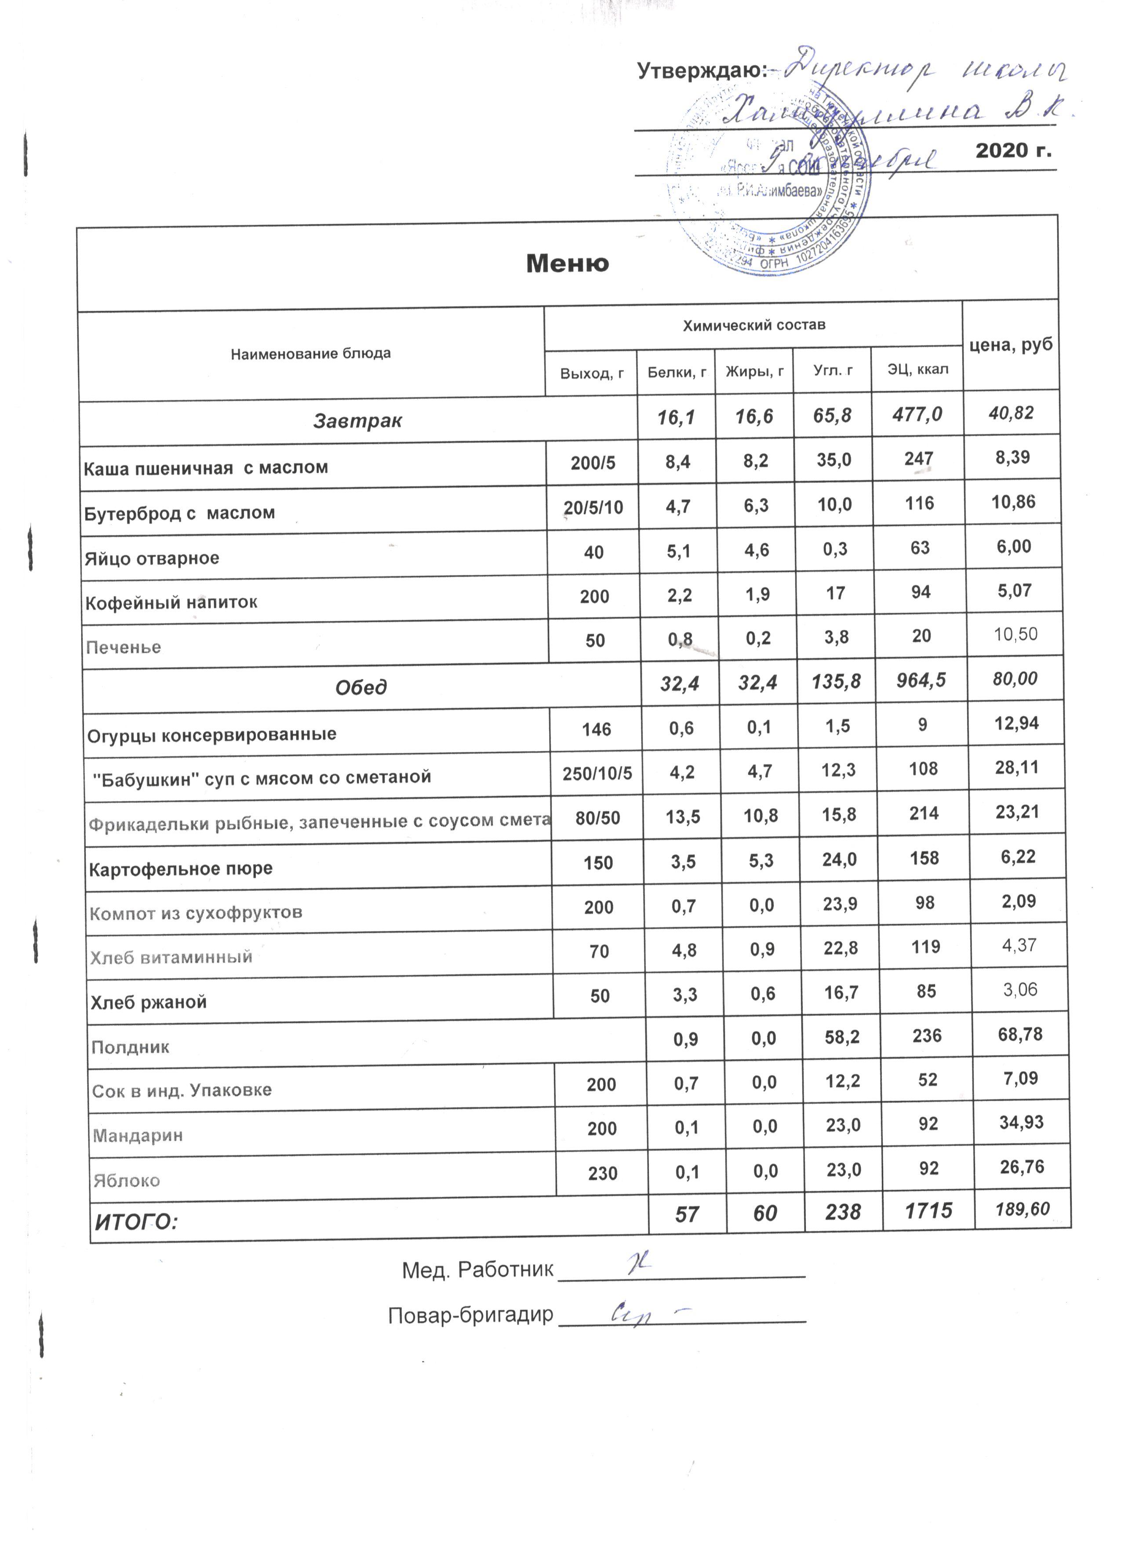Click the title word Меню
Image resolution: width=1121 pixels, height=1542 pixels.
[567, 263]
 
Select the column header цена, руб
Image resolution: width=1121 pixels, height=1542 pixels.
[1010, 345]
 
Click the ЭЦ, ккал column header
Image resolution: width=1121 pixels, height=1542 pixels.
[917, 369]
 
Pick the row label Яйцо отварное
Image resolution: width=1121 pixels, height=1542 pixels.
[152, 558]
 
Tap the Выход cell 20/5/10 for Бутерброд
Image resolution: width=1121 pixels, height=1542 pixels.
[593, 508]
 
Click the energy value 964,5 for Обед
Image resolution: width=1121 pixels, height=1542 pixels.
[921, 680]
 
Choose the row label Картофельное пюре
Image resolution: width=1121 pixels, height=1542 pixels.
[180, 869]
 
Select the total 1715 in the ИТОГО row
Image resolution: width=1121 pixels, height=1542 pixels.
[928, 1211]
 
